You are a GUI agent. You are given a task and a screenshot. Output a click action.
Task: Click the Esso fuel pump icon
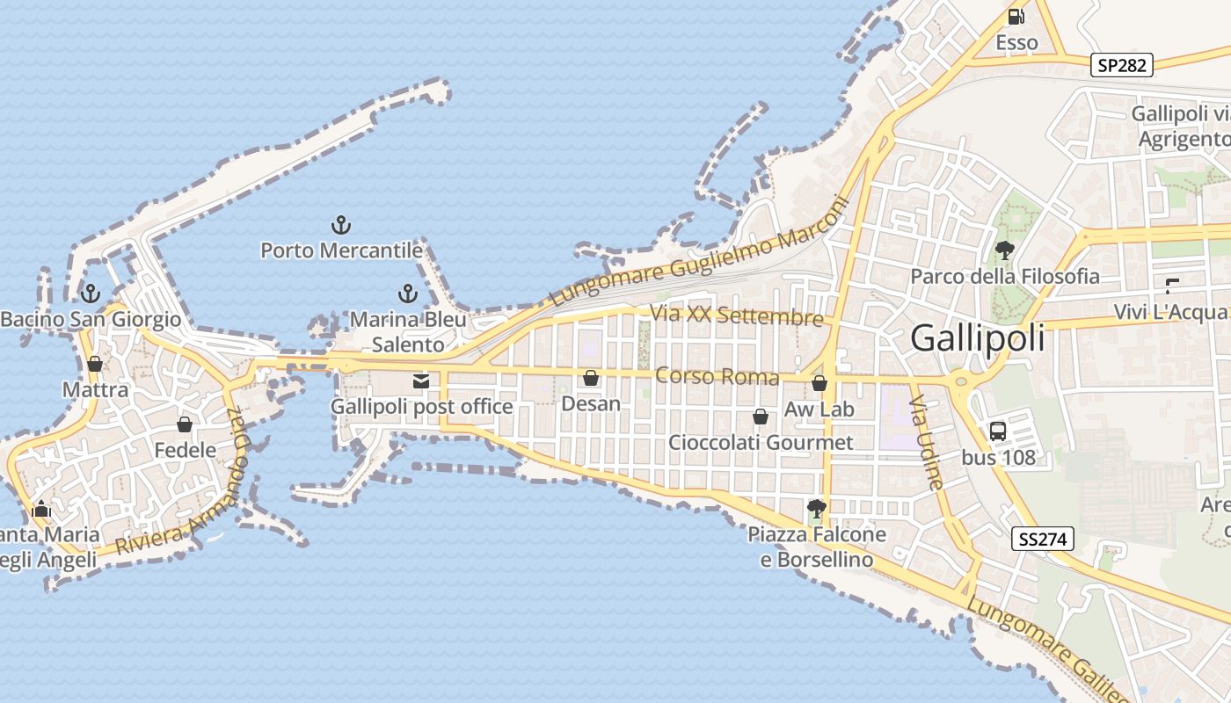pyautogui.click(x=1016, y=16)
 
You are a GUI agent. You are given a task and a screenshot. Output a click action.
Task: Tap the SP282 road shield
pyautogui.click(x=1121, y=65)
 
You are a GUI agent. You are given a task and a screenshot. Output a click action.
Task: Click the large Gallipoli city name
pyautogui.click(x=978, y=337)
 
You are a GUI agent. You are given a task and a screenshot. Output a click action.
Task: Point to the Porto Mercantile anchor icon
pyautogui.click(x=341, y=226)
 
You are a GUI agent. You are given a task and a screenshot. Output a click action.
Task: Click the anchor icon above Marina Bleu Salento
pyautogui.click(x=407, y=293)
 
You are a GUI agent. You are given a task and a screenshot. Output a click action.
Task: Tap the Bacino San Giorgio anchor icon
pyautogui.click(x=90, y=293)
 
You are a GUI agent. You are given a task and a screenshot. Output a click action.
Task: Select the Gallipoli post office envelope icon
pyautogui.click(x=421, y=380)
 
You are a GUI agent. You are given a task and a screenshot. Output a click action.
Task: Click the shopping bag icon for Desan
pyautogui.click(x=591, y=378)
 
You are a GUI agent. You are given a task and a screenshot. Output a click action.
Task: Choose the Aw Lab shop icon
pyautogui.click(x=819, y=383)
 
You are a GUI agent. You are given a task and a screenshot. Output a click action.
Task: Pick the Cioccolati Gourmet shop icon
pyautogui.click(x=761, y=417)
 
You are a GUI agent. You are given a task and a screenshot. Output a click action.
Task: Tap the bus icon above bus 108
pyautogui.click(x=998, y=431)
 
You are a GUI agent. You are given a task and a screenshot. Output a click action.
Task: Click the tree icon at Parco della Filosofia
pyautogui.click(x=1004, y=250)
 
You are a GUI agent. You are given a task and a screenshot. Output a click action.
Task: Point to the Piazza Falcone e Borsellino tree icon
pyautogui.click(x=817, y=508)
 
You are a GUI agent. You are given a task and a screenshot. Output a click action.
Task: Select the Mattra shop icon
pyautogui.click(x=95, y=363)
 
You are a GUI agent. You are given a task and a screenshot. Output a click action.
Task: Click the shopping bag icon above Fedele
pyautogui.click(x=185, y=424)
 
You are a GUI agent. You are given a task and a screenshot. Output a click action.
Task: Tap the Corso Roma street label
pyautogui.click(x=717, y=377)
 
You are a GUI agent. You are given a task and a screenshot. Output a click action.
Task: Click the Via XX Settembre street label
pyautogui.click(x=737, y=315)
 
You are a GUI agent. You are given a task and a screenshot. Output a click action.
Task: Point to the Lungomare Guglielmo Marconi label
pyautogui.click(x=699, y=252)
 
